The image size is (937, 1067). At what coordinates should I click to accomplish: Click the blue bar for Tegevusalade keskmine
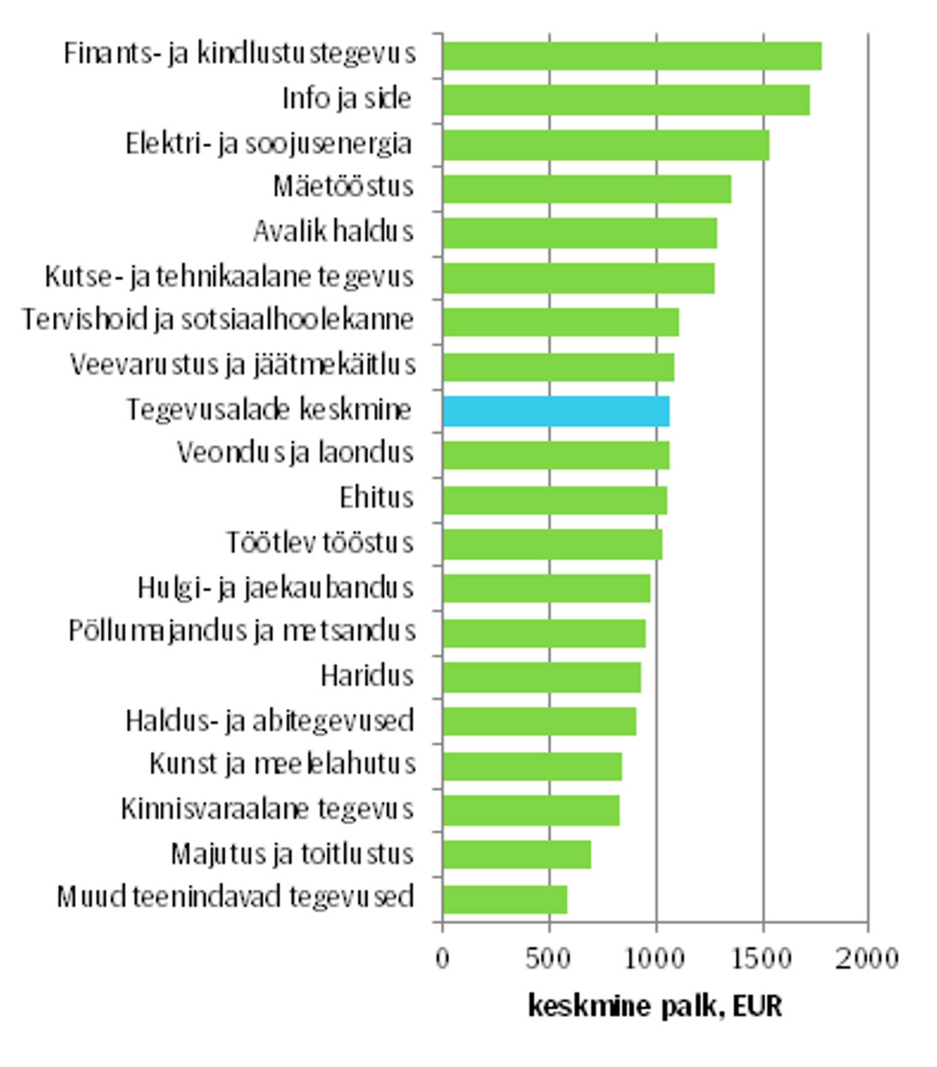coord(556,411)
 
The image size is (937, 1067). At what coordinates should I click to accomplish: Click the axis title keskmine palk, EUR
coord(655,1005)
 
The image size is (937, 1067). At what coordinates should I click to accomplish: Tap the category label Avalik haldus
coord(333,231)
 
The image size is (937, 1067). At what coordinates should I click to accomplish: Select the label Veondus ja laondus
coord(295,453)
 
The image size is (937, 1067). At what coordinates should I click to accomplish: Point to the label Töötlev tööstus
coord(320,542)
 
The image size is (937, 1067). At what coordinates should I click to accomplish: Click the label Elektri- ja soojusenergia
coord(269,143)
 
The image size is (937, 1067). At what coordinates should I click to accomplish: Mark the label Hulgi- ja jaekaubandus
coord(275,588)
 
